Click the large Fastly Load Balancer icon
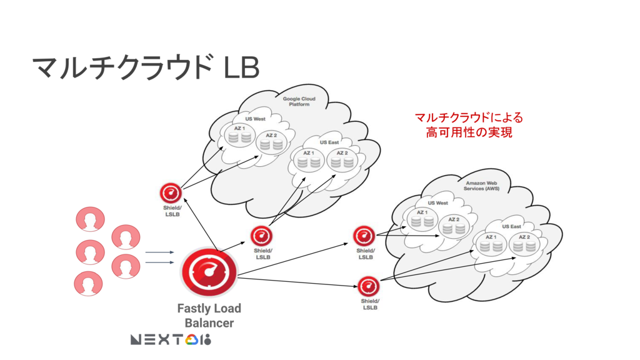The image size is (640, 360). click(x=209, y=272)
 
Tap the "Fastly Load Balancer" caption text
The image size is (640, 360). click(x=209, y=316)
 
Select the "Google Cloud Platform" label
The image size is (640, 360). click(x=299, y=102)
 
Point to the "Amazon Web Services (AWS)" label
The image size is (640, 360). click(x=481, y=186)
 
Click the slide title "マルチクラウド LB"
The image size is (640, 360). click(x=146, y=67)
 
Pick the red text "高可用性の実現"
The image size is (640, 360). click(x=469, y=132)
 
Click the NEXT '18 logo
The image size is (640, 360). click(x=171, y=339)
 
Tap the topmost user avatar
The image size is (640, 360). click(x=90, y=219)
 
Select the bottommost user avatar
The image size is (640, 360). click(x=88, y=283)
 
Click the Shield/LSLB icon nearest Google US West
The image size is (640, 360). click(x=171, y=193)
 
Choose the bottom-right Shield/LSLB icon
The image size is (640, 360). click(x=369, y=286)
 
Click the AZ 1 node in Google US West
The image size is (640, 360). click(x=239, y=135)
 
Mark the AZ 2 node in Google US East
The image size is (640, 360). click(x=342, y=160)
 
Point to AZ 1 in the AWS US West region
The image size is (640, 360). click(x=422, y=219)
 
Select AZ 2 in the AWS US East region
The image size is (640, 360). click(x=524, y=244)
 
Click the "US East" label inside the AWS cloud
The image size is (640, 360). click(x=511, y=226)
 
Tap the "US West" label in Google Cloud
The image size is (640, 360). click(x=255, y=119)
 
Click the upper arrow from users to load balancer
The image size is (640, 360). click(x=159, y=252)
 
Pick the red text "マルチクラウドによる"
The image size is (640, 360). click(x=469, y=117)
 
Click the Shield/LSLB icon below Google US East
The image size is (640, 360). click(x=261, y=236)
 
